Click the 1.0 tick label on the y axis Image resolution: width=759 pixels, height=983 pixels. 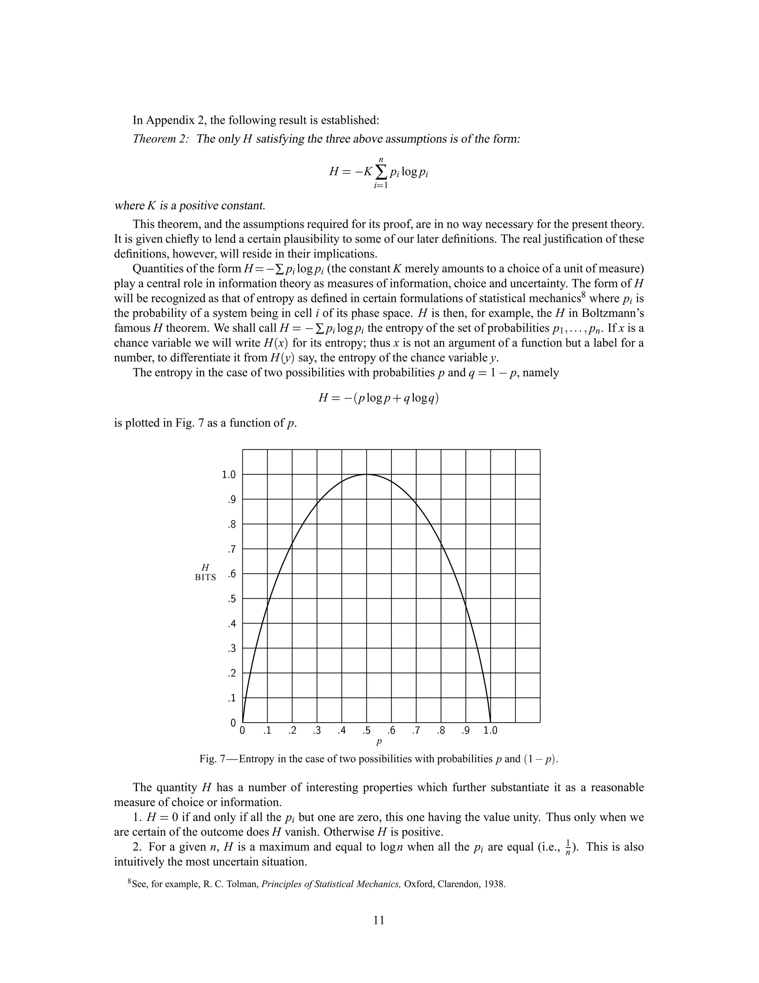coord(229,474)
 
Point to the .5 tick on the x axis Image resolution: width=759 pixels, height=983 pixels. coord(367,730)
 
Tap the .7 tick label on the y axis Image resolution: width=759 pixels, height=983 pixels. coord(232,549)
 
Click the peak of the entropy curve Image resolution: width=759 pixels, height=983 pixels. coord(367,474)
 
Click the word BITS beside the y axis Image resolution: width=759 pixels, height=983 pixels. coord(205,578)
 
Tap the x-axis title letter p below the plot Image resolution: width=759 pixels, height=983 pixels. coord(379,740)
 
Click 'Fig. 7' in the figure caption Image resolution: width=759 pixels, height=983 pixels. coord(213,759)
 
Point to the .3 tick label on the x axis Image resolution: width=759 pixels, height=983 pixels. coord(317,730)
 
